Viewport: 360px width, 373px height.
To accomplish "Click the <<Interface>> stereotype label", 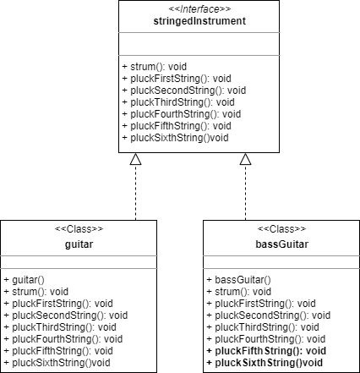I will (196, 8).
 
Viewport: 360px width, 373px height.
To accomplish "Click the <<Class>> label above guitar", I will (79, 227).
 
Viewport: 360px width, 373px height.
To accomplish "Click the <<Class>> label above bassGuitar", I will (281, 227).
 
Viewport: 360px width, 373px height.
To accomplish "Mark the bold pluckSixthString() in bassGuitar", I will (265, 361).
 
